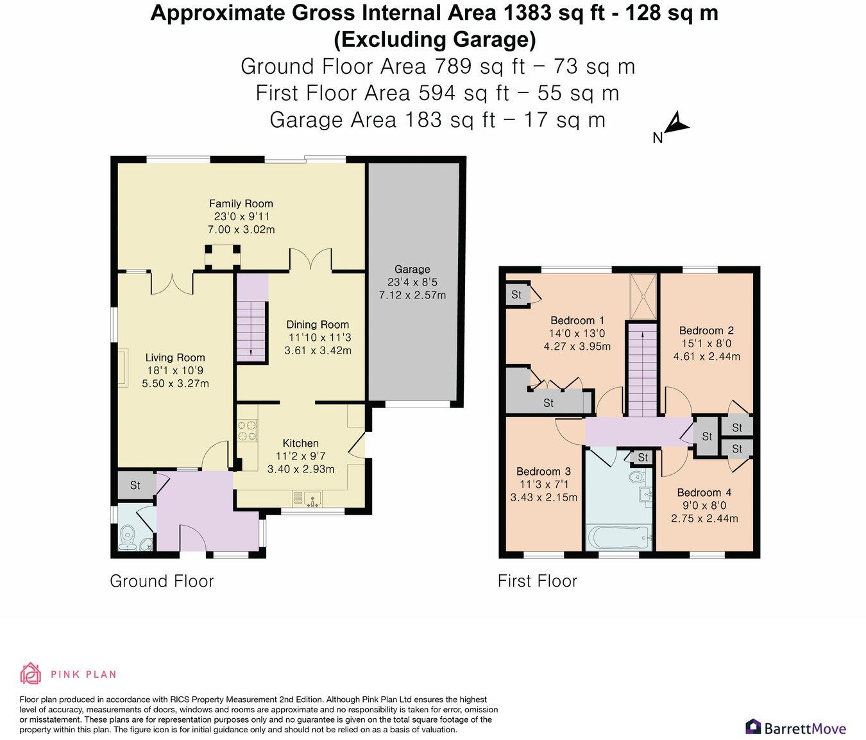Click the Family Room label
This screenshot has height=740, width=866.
(241, 203)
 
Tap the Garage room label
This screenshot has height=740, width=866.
(412, 269)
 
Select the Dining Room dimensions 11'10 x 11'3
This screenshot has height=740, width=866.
(319, 337)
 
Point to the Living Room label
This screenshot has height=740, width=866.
(175, 357)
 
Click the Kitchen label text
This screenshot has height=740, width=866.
(300, 443)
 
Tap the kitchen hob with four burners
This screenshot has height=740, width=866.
(247, 431)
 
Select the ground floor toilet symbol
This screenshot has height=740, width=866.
(126, 535)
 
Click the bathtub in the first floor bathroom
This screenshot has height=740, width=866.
(619, 537)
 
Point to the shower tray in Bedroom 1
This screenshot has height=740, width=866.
(643, 297)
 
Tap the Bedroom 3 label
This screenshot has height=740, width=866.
(543, 471)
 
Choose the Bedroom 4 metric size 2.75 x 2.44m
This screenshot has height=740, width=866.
(704, 519)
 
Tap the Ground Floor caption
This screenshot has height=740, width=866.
(162, 581)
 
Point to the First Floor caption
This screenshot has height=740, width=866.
(538, 581)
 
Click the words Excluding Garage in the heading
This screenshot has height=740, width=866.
(434, 40)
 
